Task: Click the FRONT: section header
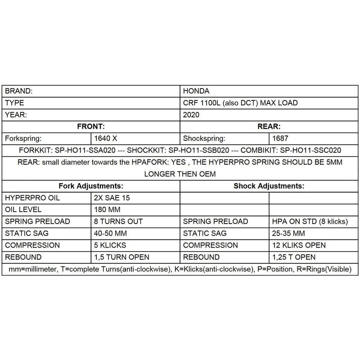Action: click(91, 126)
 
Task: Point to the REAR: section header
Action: click(269, 126)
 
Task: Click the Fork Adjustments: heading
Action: click(91, 185)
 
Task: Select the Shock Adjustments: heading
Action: click(269, 185)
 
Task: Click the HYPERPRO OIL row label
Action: click(32, 198)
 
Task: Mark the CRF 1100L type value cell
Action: click(241, 103)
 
